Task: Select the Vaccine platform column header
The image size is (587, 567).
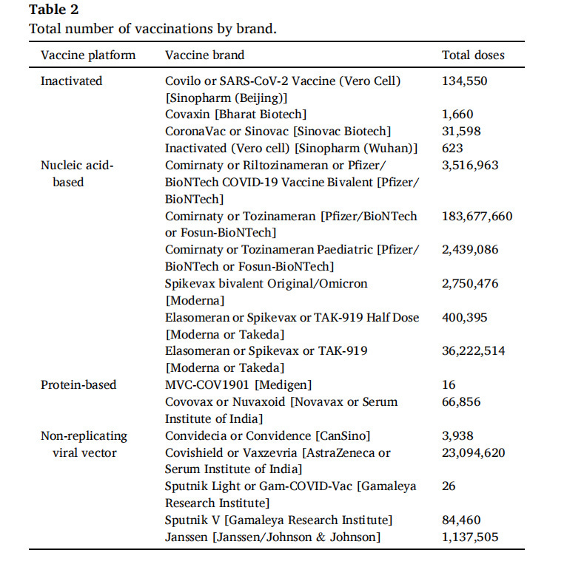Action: (x=88, y=55)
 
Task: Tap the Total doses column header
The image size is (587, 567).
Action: (x=473, y=55)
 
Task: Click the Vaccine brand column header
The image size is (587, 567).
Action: (x=204, y=55)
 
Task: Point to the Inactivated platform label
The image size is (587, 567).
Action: (x=71, y=81)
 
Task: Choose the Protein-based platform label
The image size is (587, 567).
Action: (x=78, y=385)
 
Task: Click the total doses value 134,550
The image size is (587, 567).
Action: (x=465, y=81)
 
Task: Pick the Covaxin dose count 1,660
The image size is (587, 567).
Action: (x=457, y=115)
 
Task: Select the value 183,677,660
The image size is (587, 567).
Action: (x=477, y=217)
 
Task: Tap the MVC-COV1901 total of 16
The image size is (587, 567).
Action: (x=449, y=385)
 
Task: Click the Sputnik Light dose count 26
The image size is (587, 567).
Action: (x=449, y=486)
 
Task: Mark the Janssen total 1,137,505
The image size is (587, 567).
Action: (x=470, y=537)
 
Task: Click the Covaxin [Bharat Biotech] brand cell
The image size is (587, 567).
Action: (x=235, y=115)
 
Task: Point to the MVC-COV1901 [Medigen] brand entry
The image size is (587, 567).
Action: (x=238, y=385)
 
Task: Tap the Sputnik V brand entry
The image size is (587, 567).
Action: (x=278, y=520)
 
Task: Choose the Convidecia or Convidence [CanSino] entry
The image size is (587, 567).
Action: (x=267, y=436)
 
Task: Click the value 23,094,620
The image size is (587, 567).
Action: (x=474, y=453)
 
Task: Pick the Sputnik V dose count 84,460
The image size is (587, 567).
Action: (x=462, y=520)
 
